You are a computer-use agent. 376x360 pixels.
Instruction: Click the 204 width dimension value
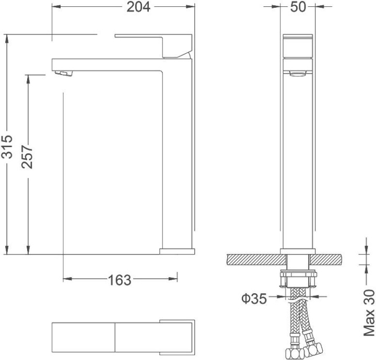tap(138, 7)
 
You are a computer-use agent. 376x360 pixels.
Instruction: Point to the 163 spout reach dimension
tap(120, 280)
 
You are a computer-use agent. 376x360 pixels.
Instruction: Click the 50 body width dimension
tap(298, 7)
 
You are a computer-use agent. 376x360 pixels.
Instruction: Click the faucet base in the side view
tap(177, 251)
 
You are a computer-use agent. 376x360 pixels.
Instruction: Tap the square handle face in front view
tap(298, 47)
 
